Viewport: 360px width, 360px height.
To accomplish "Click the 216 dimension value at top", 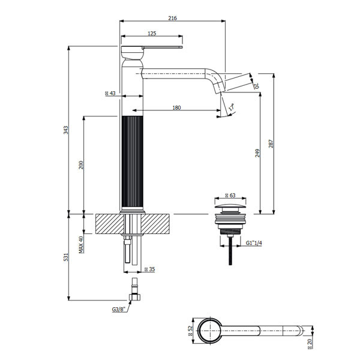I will point(172,19).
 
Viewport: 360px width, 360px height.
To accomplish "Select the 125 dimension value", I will point(152,34).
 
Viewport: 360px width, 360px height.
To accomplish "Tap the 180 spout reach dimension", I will point(176,108).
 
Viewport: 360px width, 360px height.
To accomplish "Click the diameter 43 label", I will point(110,94).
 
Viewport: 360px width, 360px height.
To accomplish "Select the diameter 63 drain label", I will point(229,195).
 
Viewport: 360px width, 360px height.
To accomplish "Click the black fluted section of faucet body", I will point(133,162).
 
